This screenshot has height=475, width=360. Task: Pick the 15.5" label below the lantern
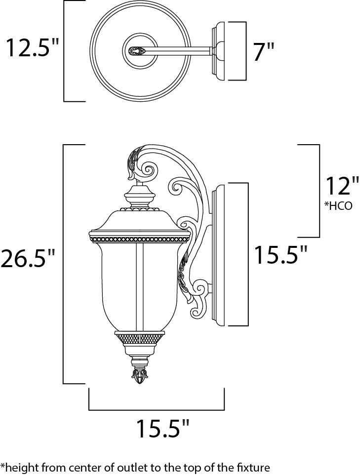[162, 430]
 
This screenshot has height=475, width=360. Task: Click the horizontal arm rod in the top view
[183, 50]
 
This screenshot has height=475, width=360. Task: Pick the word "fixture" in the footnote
[253, 467]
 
